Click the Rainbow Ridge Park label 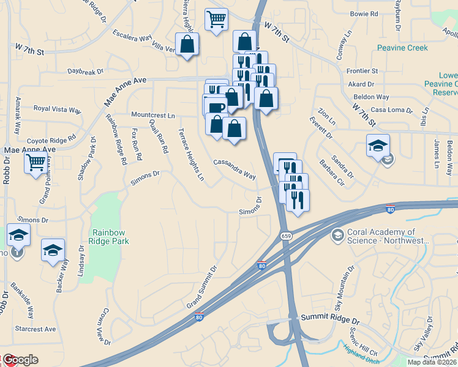(x=111, y=237)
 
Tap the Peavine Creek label (x=403, y=47)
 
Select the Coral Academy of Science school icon (x=337, y=235)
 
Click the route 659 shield (x=286, y=235)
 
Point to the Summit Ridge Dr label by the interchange (x=329, y=319)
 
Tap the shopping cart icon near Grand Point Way (x=36, y=163)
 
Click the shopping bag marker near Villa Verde (x=187, y=45)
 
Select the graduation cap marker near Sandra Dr (x=378, y=146)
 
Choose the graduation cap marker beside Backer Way (x=53, y=250)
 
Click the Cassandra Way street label (x=234, y=169)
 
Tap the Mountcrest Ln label (x=153, y=114)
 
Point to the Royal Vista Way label (x=58, y=109)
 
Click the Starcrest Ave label (x=36, y=329)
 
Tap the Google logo (x=21, y=360)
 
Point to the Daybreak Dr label (x=86, y=72)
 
